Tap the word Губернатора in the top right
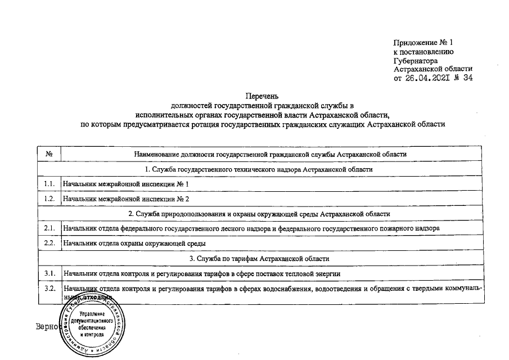(x=416, y=60)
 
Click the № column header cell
(x=49, y=154)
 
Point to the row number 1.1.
(x=49, y=184)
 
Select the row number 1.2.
(x=49, y=199)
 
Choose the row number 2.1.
(x=49, y=228)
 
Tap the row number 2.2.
(x=49, y=243)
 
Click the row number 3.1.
(x=49, y=273)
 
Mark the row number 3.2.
(x=49, y=289)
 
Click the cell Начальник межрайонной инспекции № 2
(x=126, y=199)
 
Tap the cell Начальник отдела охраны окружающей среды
(x=134, y=243)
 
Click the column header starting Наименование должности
(x=270, y=154)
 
